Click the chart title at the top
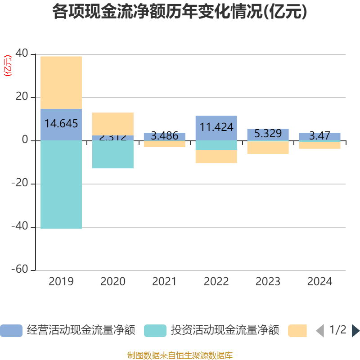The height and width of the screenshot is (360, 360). click(x=180, y=12)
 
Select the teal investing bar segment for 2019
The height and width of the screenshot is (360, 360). click(x=61, y=184)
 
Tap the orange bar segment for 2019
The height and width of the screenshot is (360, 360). click(x=61, y=82)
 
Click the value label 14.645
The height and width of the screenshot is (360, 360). click(x=61, y=124)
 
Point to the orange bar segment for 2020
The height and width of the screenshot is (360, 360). click(x=113, y=124)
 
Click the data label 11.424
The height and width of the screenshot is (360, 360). click(x=216, y=127)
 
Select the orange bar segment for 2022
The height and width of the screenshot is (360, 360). click(x=216, y=157)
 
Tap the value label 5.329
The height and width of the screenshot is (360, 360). click(x=268, y=134)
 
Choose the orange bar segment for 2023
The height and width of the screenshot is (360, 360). click(x=268, y=148)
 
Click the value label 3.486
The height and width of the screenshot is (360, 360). click(x=165, y=136)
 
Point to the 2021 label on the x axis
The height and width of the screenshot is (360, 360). click(x=165, y=282)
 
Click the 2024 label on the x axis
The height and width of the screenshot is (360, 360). click(x=320, y=282)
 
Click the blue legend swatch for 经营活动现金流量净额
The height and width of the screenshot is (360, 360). click(x=11, y=331)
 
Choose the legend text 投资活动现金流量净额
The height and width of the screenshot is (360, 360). click(x=225, y=331)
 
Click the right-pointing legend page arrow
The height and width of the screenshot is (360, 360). click(x=355, y=331)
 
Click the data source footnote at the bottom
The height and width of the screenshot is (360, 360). click(x=180, y=355)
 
